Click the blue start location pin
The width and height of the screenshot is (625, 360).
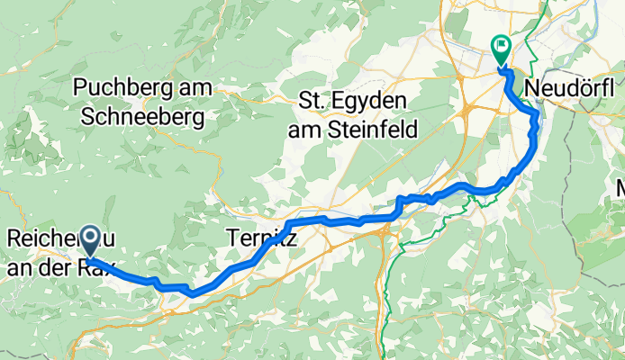coord(92,239)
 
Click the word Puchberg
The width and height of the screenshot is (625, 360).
coord(122,87)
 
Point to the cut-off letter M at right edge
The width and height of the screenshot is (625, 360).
coord(620,189)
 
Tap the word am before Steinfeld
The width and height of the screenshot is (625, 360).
coord(303,130)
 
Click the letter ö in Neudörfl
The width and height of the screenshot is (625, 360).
coord(586,88)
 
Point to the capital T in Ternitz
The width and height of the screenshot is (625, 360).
coord(230,238)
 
